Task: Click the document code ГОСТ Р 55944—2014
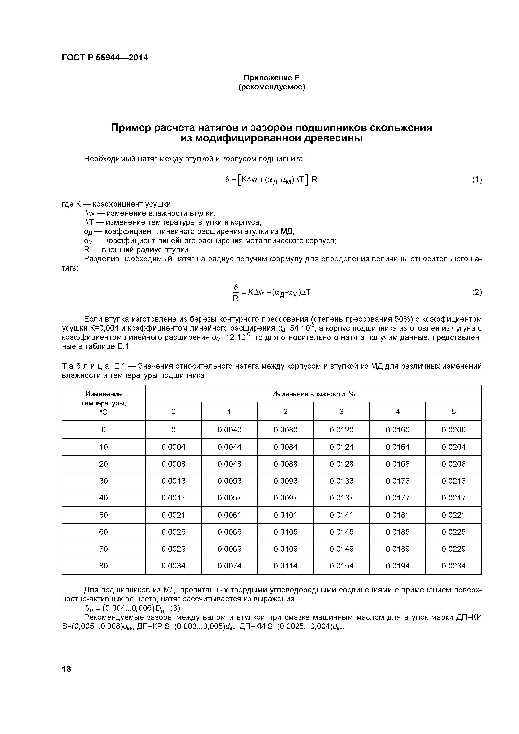(105, 58)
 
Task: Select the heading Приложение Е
(272, 78)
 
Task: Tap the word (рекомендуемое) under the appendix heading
(272, 87)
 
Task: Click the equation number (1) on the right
(477, 180)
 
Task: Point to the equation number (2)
(477, 292)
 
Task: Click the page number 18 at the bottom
(67, 669)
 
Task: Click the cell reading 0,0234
(454, 566)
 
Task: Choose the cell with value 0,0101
(285, 515)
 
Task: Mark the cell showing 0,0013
(173, 481)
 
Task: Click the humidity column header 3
(341, 411)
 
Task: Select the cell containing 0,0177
(397, 498)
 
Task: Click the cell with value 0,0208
(454, 464)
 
